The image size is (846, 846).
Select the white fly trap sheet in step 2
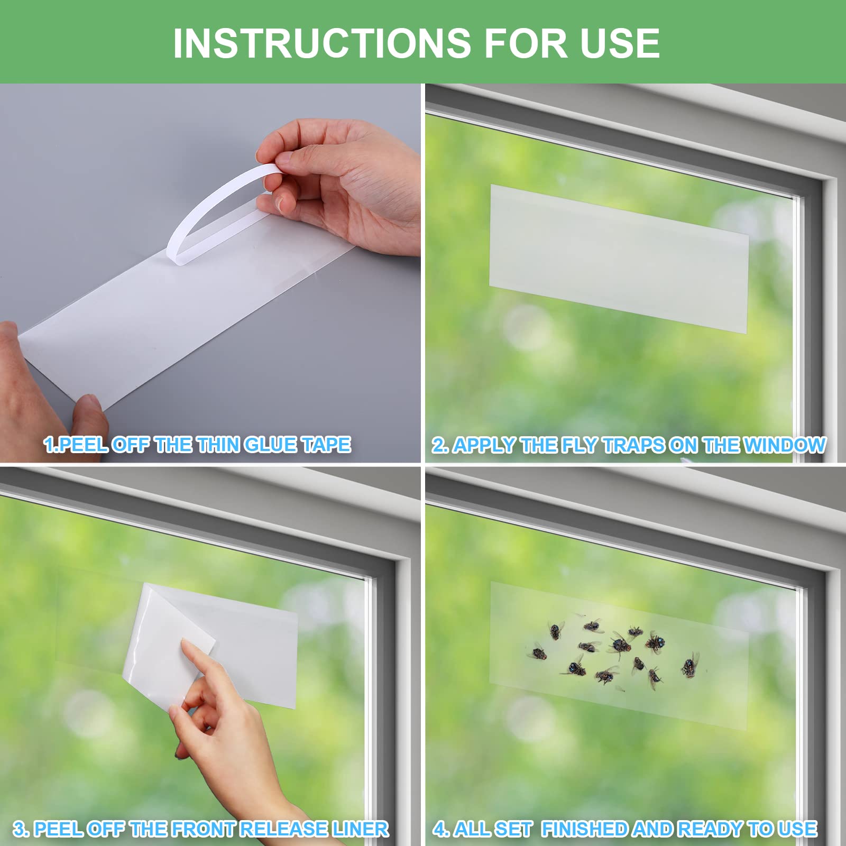pos(619,259)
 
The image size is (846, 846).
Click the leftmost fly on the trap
pos(538,654)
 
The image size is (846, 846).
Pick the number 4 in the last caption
pos(439,829)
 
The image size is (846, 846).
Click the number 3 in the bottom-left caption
pos(19,829)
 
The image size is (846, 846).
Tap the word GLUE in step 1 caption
pos(270,445)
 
